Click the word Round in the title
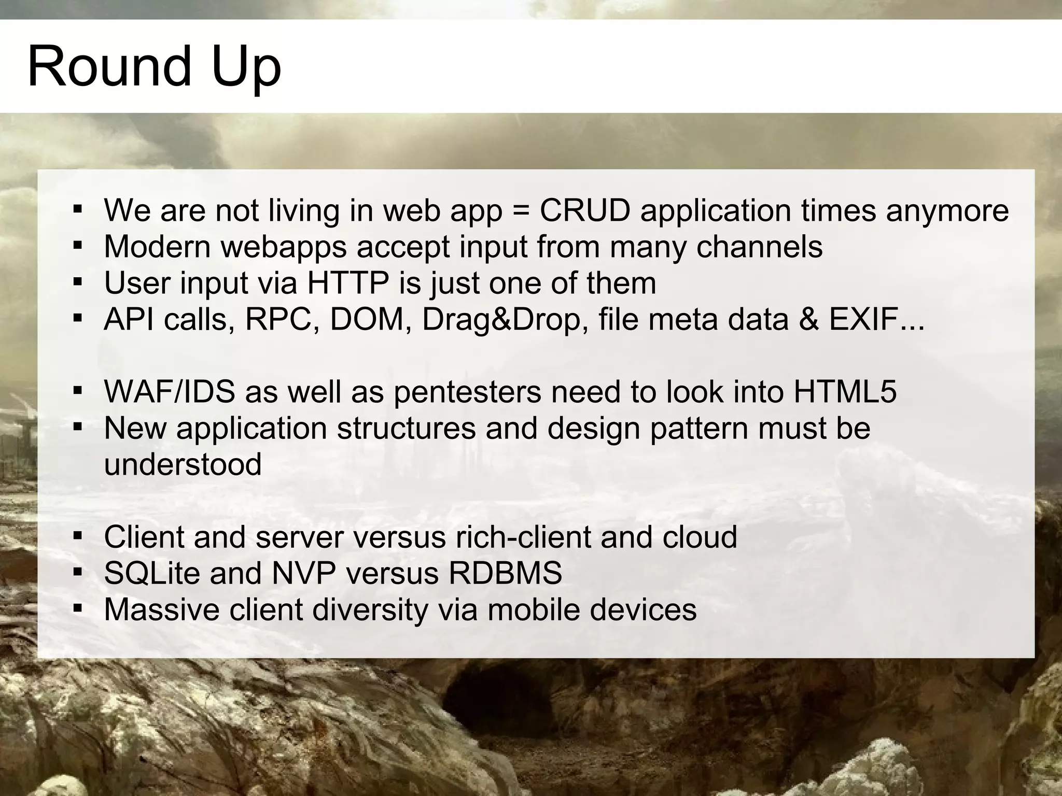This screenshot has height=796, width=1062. (109, 66)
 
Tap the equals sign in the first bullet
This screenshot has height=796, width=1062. (521, 211)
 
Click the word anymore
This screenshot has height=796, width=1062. (947, 211)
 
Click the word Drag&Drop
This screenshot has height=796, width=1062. (501, 320)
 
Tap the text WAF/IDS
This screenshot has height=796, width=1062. (170, 392)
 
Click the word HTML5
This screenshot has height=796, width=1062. (845, 392)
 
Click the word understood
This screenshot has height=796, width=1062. (183, 464)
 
